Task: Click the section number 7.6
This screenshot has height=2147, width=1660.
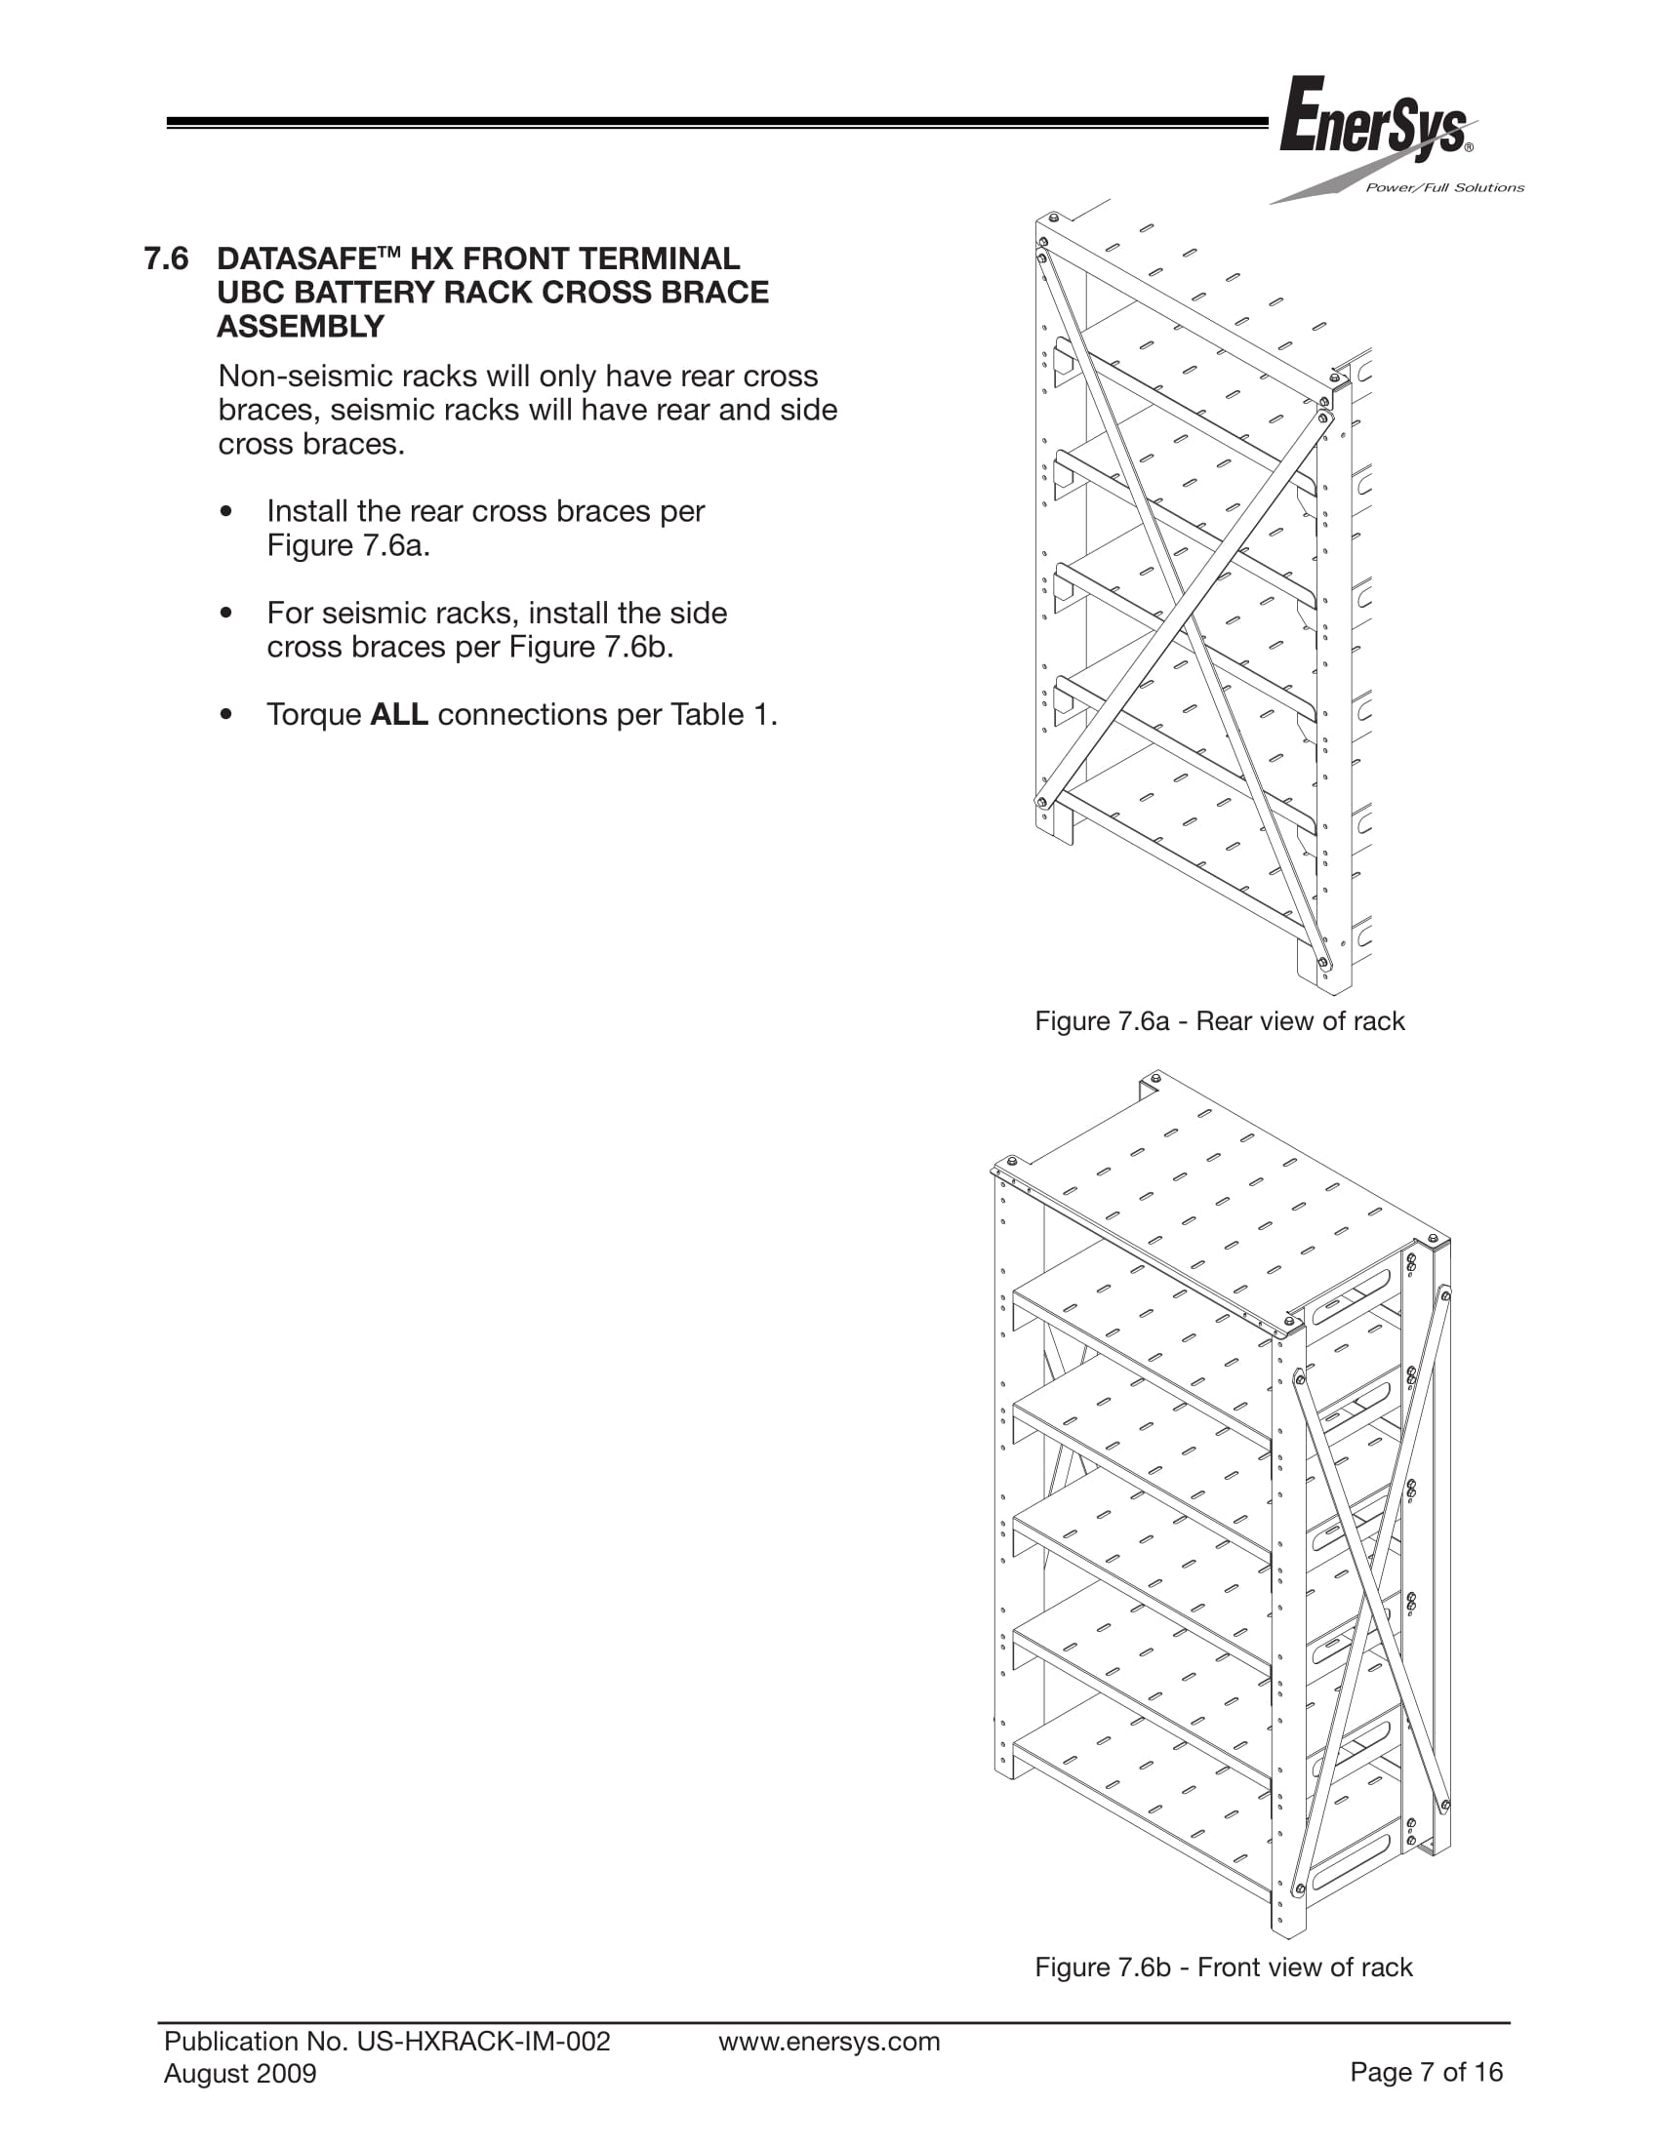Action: [x=166, y=258]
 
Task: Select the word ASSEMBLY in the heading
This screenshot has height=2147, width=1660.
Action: [x=300, y=327]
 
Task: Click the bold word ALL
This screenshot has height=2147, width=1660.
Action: [x=398, y=715]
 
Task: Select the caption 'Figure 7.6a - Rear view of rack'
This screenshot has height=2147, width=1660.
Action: [x=1220, y=1021]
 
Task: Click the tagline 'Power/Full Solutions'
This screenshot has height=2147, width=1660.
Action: [x=1443, y=187]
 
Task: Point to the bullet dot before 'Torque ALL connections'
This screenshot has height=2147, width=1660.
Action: [x=227, y=715]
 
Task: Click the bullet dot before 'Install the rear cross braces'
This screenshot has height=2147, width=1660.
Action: [x=227, y=512]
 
